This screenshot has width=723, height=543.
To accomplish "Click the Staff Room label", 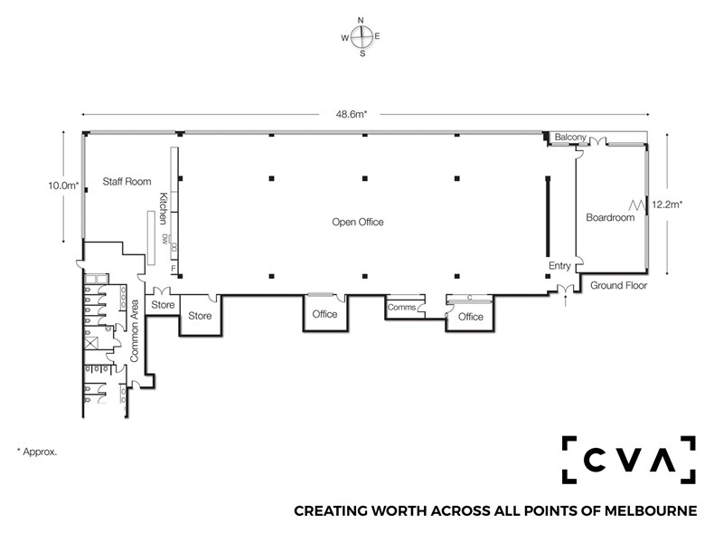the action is (127, 182).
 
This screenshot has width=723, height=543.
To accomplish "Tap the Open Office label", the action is (358, 222).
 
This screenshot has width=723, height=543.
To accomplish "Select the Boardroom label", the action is (610, 217).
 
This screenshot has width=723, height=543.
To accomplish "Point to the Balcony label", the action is (570, 138).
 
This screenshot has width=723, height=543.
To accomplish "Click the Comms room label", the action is (401, 308).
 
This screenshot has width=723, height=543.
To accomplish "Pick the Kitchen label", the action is (163, 208).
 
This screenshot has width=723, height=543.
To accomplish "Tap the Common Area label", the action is (134, 330).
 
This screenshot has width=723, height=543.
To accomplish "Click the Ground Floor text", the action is (619, 286).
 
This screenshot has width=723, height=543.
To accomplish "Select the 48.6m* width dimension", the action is (352, 114).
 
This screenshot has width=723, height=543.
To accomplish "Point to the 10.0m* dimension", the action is (63, 186).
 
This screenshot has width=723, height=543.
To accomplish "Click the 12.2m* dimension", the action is (667, 205).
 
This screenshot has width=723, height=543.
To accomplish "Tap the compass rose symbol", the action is (361, 37).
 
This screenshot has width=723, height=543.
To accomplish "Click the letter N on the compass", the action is (361, 20).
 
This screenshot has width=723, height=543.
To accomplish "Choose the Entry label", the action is (559, 266).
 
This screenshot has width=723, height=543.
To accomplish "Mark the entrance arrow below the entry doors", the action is (566, 300).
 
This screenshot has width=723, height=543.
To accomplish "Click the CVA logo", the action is (628, 460).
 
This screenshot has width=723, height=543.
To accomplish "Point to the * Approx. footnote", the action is (37, 452).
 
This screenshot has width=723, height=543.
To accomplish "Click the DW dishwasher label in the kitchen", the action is (165, 239).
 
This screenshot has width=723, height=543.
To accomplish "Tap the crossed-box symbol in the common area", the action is (91, 343).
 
